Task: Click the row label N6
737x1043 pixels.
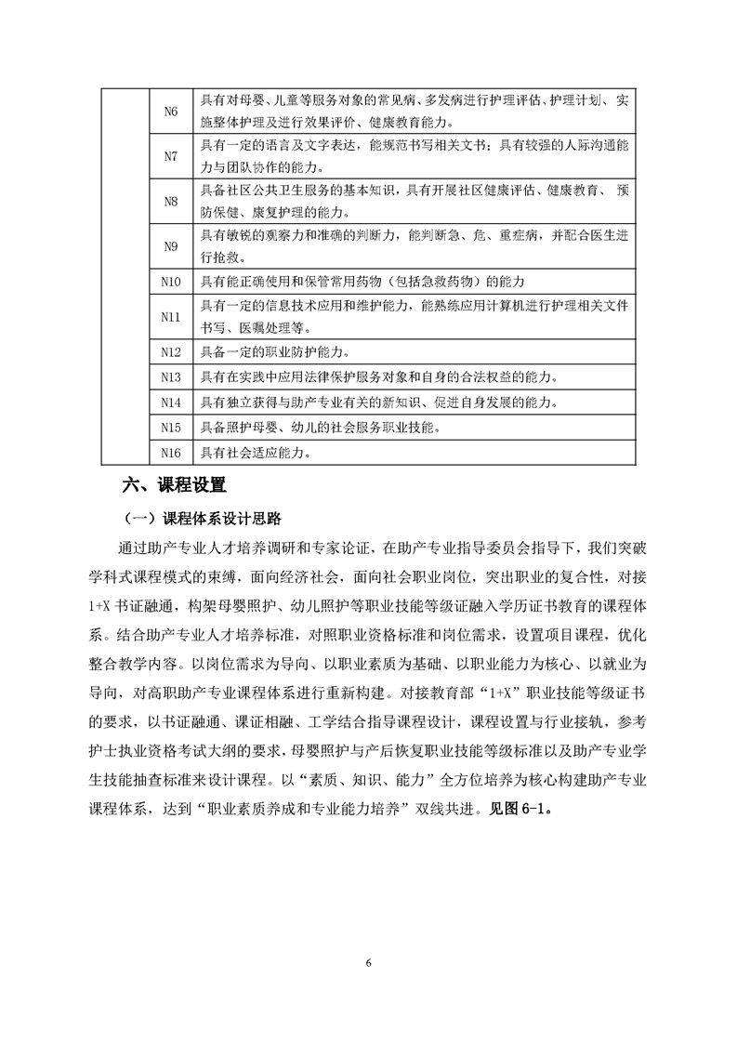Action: (170, 111)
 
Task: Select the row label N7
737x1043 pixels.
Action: (170, 156)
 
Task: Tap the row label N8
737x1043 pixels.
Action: (170, 202)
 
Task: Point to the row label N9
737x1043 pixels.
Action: (170, 246)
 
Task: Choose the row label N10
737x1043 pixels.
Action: (170, 282)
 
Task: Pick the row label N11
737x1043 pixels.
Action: (170, 317)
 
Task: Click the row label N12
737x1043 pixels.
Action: (170, 352)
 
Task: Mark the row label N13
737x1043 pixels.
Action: (170, 377)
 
